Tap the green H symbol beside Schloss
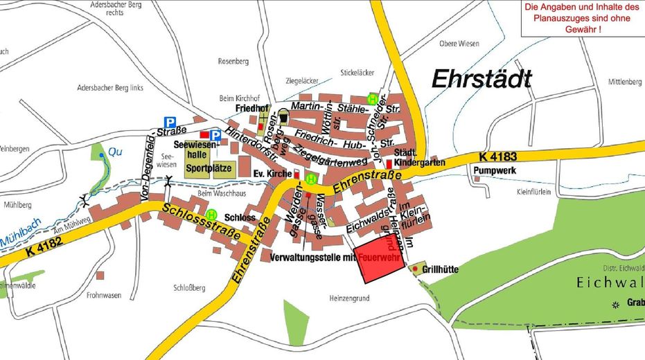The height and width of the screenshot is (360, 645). click(x=211, y=215)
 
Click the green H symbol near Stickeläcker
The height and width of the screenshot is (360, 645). click(x=373, y=98)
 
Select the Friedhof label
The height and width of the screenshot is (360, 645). click(x=251, y=109)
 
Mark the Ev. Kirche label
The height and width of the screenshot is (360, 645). click(x=272, y=174)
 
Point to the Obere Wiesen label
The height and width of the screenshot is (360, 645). click(x=459, y=44)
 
